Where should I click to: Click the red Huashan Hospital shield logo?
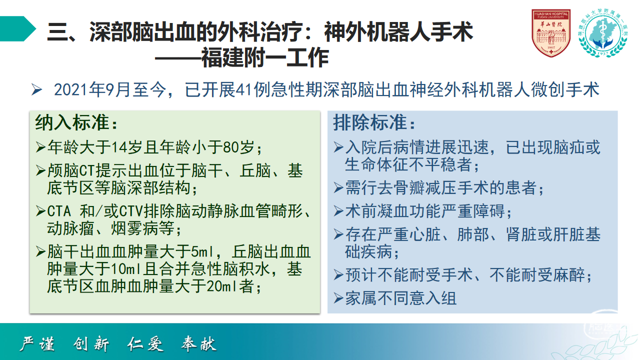(551, 33)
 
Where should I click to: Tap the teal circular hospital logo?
(603, 33)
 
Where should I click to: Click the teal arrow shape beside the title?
(18, 29)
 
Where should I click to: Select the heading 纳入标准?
(72, 123)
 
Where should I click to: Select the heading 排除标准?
(370, 123)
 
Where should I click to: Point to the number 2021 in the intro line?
(71, 89)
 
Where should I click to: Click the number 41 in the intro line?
(245, 89)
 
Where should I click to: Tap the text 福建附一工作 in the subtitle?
(265, 57)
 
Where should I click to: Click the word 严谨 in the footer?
(37, 343)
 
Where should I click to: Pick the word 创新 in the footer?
(91, 343)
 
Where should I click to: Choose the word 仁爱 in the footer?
(145, 343)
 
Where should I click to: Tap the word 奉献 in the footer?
(199, 343)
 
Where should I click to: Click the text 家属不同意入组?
(401, 298)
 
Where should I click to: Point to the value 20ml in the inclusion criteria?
(223, 286)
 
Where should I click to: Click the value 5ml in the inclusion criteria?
(201, 251)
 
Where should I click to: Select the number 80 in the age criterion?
(231, 147)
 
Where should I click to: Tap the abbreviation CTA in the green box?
(59, 211)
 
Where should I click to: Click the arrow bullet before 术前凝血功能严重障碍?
(338, 211)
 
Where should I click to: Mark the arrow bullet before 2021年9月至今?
(37, 89)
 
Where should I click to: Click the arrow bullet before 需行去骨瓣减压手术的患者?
(338, 188)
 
